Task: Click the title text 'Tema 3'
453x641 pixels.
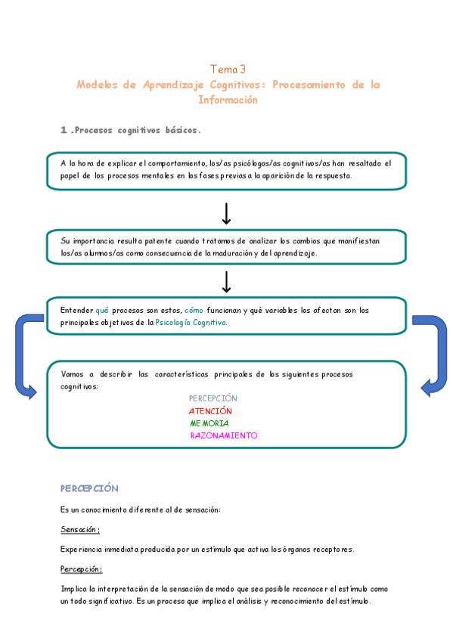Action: click(228, 69)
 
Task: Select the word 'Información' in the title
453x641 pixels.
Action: click(228, 100)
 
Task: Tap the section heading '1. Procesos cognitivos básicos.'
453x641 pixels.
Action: click(130, 130)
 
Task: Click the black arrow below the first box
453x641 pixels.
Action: click(226, 213)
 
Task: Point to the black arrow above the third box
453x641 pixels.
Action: click(226, 281)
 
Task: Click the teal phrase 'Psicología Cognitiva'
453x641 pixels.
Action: click(191, 323)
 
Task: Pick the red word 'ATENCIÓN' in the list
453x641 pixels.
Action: click(210, 410)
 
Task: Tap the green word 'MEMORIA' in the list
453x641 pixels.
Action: click(209, 423)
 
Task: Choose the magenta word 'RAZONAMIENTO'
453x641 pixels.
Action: click(224, 435)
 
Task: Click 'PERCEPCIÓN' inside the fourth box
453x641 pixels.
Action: click(213, 398)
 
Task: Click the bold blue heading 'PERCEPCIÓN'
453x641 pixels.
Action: click(89, 488)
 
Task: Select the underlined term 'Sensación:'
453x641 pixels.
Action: click(80, 529)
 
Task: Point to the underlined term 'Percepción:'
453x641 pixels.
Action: click(81, 569)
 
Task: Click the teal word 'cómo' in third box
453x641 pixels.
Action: click(194, 311)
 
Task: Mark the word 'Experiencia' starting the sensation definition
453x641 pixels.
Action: click(82, 550)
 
